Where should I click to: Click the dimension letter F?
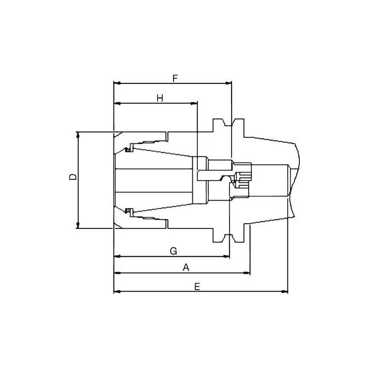coord(175,78)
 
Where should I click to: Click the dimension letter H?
coord(160,98)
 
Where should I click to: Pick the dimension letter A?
coord(186,268)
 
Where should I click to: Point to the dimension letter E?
coord(197,286)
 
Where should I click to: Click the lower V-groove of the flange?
coord(228,236)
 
